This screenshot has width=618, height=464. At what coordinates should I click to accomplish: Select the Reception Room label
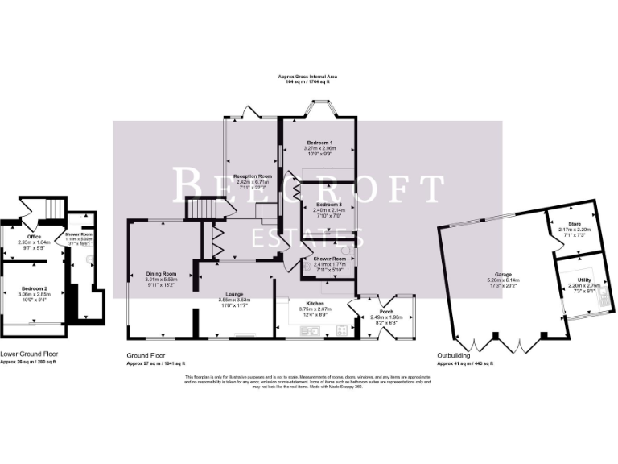(253, 176)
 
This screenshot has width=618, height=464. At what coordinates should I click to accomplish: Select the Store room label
(574, 225)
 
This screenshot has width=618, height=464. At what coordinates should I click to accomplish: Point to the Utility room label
(584, 280)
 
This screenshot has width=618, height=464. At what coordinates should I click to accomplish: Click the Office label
(35, 236)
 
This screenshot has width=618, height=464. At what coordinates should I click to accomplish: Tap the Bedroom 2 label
(35, 288)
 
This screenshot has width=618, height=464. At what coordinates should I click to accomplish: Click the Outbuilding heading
(454, 355)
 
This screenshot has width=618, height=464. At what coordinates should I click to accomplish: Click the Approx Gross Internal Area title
(304, 77)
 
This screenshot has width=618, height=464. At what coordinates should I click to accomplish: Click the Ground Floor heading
(146, 355)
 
